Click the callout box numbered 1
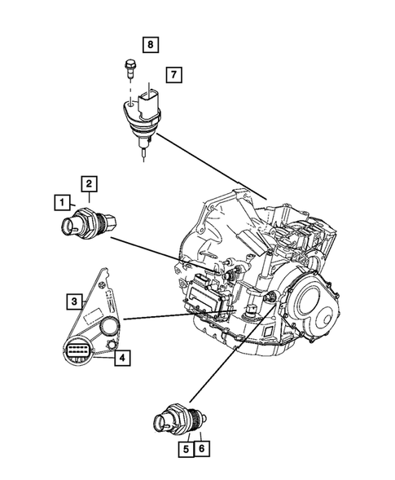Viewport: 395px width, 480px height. (x=61, y=200)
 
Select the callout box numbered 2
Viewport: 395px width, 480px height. (x=89, y=183)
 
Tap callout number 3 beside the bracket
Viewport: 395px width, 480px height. (x=74, y=302)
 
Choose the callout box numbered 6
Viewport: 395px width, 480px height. (x=200, y=447)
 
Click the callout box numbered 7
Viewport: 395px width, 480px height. (x=173, y=74)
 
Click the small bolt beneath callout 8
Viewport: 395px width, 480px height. (x=129, y=67)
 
